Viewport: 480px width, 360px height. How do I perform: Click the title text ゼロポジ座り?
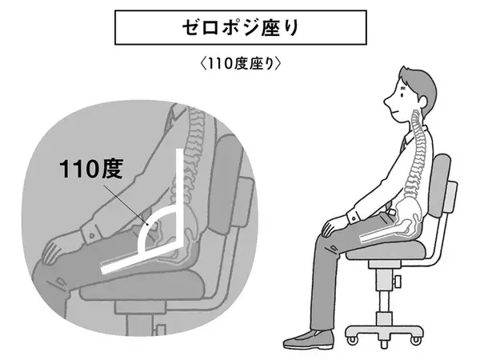click(x=240, y=28)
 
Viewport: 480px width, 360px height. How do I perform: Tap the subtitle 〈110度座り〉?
click(x=240, y=64)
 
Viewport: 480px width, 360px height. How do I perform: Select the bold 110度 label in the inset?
click(x=91, y=169)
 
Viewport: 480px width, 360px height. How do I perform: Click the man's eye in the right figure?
click(x=402, y=94)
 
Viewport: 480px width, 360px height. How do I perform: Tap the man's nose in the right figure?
click(x=388, y=102)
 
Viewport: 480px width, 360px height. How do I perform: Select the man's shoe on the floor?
click(x=308, y=339)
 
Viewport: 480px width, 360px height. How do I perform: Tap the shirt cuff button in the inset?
click(x=91, y=236)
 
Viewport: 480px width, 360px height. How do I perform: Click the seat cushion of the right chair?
click(x=386, y=250)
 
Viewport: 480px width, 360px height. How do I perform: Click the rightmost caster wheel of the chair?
click(x=415, y=339)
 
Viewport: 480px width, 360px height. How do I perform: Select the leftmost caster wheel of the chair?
click(x=351, y=339)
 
